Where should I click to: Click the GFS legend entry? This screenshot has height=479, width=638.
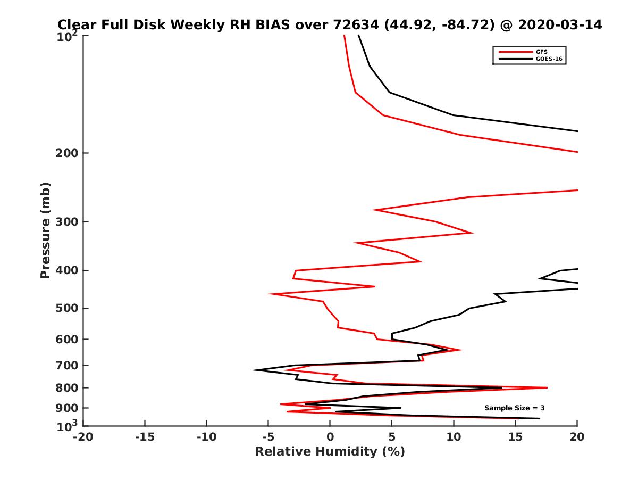[x=542, y=52]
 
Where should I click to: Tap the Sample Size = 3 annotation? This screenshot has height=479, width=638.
[x=514, y=408]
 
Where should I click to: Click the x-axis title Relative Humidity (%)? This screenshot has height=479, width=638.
[x=330, y=452]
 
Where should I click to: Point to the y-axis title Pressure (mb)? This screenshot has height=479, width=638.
[x=45, y=230]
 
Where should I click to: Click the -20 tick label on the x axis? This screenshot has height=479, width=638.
[x=82, y=437]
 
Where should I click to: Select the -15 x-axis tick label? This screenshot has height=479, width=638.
[x=145, y=437]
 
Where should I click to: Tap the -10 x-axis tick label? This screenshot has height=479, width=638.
[x=206, y=437]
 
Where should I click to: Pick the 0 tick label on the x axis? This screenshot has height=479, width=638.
[x=330, y=437]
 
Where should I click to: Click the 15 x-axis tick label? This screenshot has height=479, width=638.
[x=515, y=437]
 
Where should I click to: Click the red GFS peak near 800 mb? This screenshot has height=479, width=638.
[x=547, y=388]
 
